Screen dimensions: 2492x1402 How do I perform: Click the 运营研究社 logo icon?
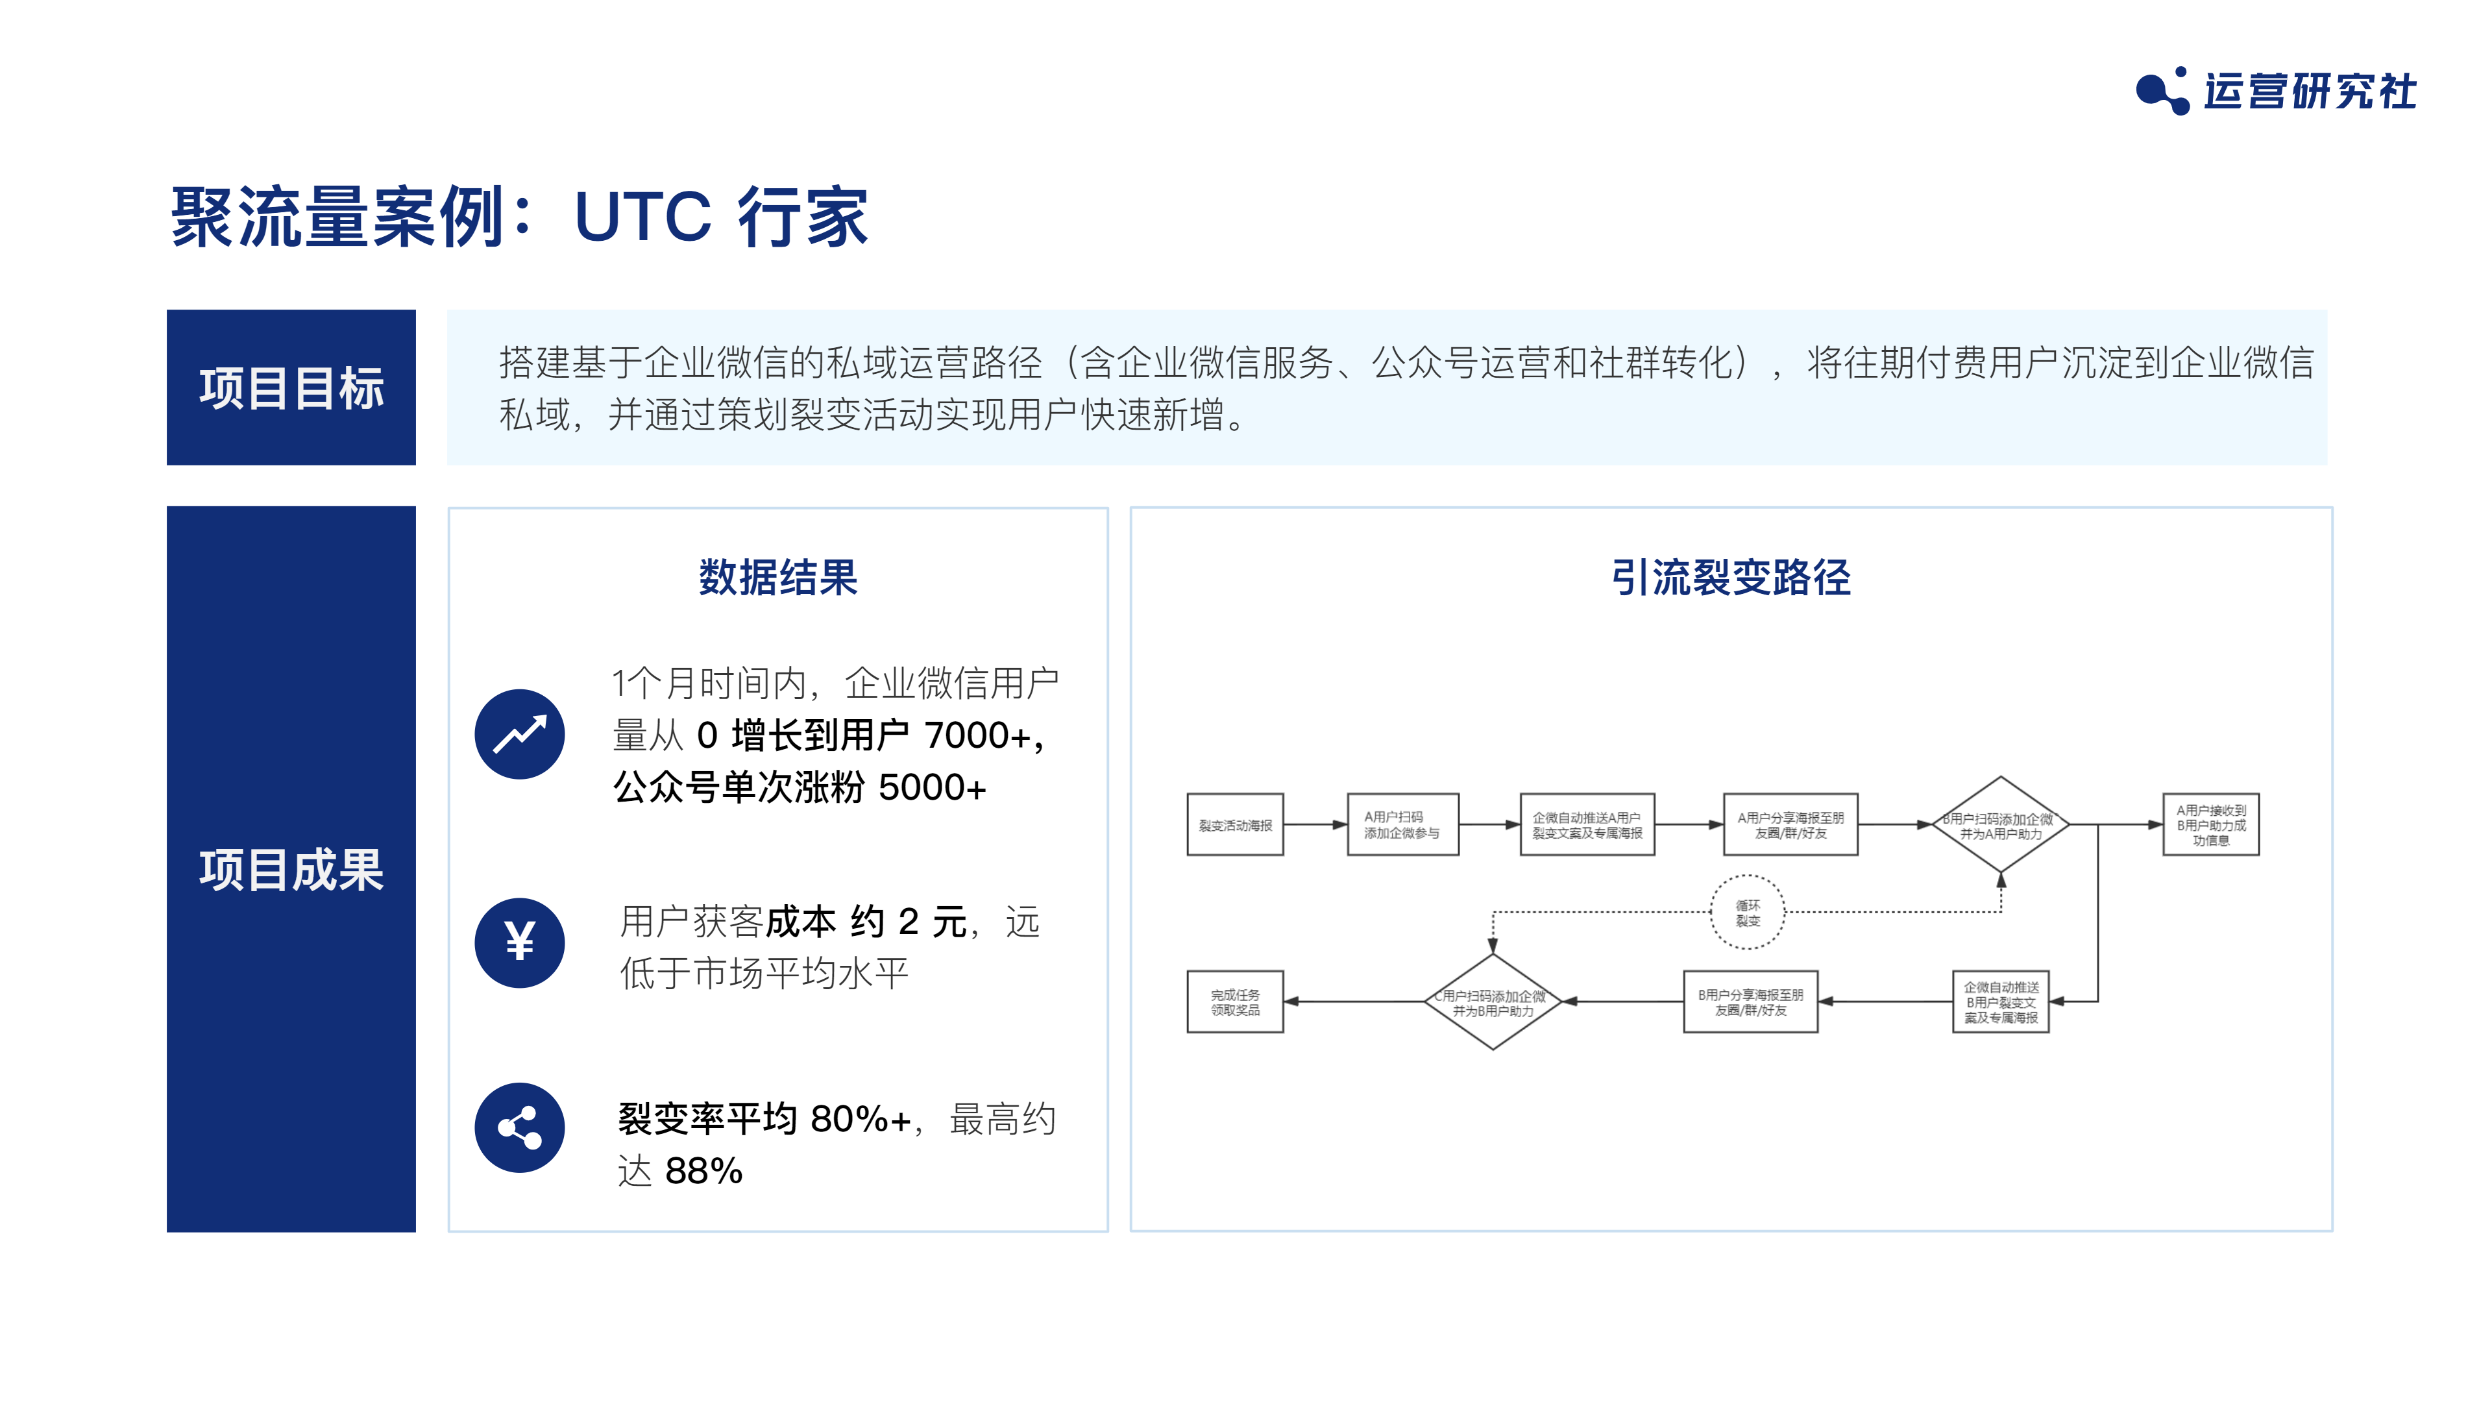coord(2162,91)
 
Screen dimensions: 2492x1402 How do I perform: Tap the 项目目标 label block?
coord(291,387)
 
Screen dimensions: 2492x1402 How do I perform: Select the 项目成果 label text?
coord(291,869)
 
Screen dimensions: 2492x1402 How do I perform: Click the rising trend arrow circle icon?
coord(519,733)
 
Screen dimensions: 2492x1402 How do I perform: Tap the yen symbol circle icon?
coord(519,942)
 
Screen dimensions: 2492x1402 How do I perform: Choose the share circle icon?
coord(519,1127)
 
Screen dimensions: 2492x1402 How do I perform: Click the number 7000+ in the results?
coord(977,735)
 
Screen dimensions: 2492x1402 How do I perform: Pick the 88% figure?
coord(704,1171)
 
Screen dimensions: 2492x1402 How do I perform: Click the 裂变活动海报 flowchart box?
coord(1236,824)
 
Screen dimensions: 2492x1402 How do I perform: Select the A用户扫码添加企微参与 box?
coord(1402,824)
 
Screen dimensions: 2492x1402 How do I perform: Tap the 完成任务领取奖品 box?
coord(1236,1002)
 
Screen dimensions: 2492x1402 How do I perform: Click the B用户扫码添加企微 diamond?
coord(2001,824)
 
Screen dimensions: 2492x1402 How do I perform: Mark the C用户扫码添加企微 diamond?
coord(1493,1002)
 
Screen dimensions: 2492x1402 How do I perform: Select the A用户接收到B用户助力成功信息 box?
coord(2210,824)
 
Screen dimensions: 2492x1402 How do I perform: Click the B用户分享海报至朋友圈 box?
coord(1750,1002)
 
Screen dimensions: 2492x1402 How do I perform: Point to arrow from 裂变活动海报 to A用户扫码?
coord(1315,824)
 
